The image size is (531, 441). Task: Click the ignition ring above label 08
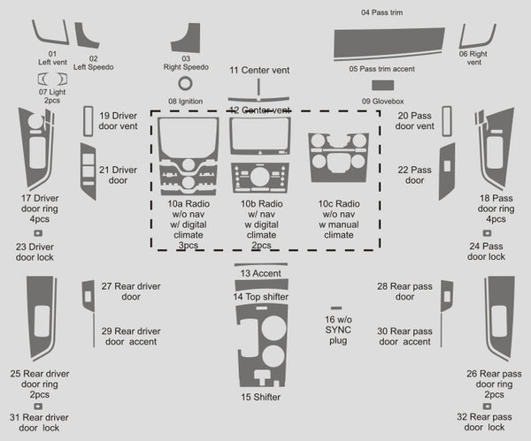[x=186, y=84]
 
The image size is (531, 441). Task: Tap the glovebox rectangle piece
[x=383, y=86]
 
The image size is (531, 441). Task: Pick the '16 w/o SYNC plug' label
[x=336, y=329]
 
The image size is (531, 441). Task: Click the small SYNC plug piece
[x=336, y=308]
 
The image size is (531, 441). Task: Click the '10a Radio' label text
[x=189, y=203]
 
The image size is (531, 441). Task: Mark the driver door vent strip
[x=88, y=119]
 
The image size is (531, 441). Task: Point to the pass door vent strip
[x=446, y=119]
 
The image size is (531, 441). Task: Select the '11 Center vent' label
[x=260, y=70]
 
